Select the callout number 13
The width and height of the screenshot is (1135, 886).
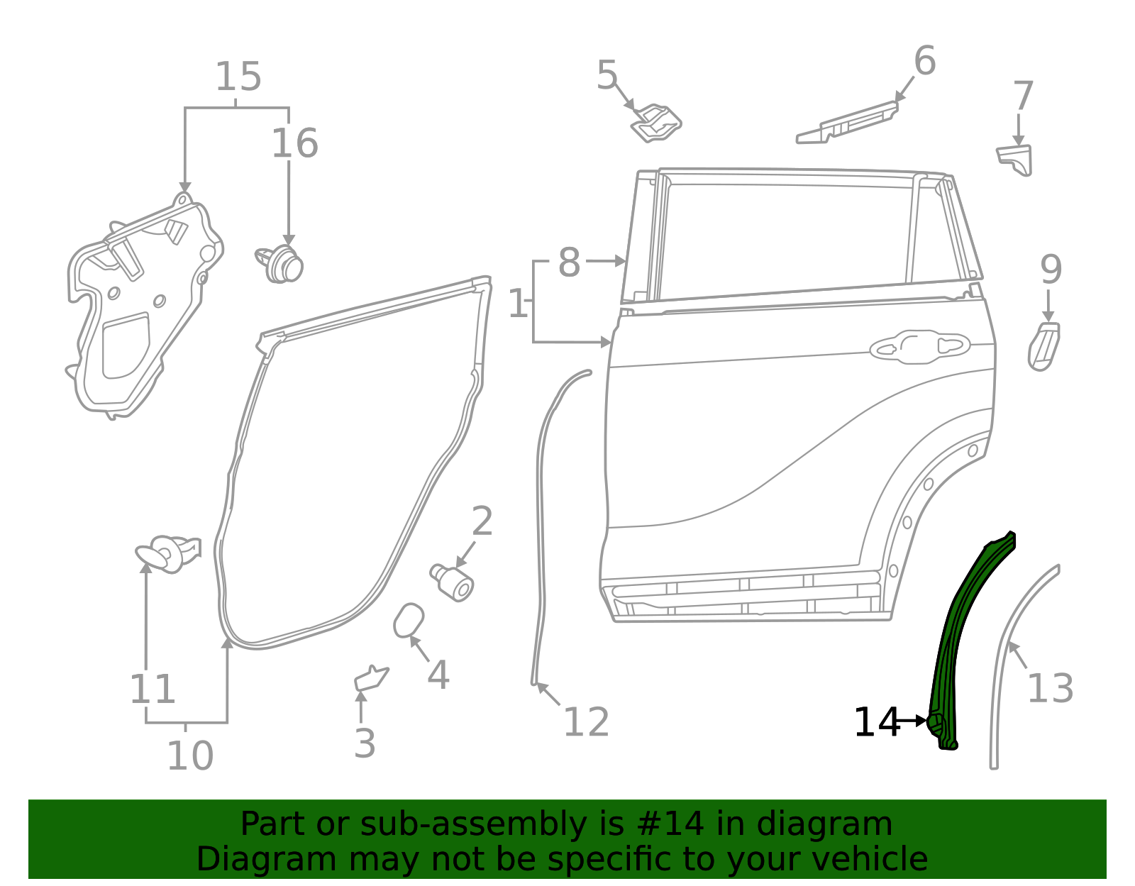click(x=1050, y=688)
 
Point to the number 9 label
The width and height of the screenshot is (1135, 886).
click(x=1051, y=270)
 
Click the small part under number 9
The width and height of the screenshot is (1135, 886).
click(x=1043, y=346)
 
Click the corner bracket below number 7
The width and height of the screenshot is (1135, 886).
click(x=1016, y=159)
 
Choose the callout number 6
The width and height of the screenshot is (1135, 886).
click(x=924, y=61)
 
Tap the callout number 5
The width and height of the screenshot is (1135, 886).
click(x=607, y=75)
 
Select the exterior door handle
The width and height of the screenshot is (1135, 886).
click(x=919, y=347)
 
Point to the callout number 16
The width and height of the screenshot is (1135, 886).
click(x=294, y=143)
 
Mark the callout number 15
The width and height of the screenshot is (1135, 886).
click(x=238, y=77)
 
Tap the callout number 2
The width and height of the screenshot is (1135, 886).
click(x=482, y=522)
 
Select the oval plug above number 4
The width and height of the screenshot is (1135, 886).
click(x=409, y=620)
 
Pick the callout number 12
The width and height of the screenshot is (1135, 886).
click(x=586, y=722)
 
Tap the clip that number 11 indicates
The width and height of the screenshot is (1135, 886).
click(x=169, y=553)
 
